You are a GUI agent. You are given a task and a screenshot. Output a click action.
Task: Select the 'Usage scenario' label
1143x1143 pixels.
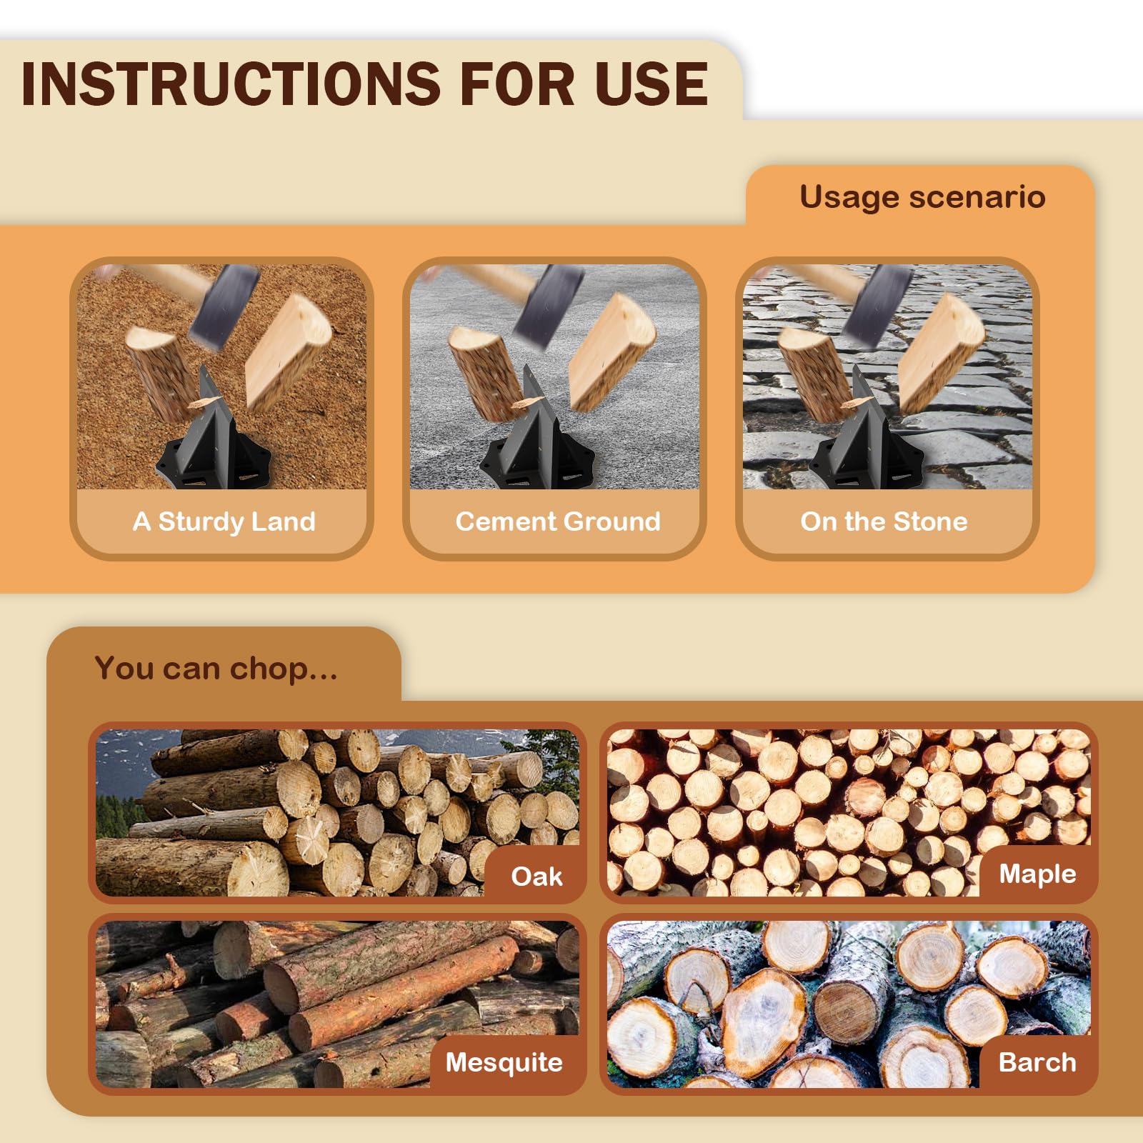pyautogui.click(x=922, y=197)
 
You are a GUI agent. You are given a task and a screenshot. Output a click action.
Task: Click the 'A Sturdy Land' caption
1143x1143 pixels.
pyautogui.click(x=224, y=521)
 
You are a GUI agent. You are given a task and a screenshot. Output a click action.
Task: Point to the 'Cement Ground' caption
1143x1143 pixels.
pyautogui.click(x=558, y=521)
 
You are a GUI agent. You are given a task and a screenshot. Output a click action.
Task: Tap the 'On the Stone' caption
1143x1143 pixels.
pyautogui.click(x=884, y=521)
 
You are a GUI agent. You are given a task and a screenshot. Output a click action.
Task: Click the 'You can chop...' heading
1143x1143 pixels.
pyautogui.click(x=216, y=669)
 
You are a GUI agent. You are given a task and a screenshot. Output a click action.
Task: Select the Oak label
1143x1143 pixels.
pyautogui.click(x=536, y=877)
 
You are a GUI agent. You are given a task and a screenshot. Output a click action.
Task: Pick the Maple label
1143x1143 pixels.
pyautogui.click(x=1037, y=874)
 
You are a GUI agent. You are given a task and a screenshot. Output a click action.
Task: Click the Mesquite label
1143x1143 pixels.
pyautogui.click(x=504, y=1062)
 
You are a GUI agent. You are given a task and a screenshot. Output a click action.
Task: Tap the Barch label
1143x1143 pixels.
pyautogui.click(x=1037, y=1062)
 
